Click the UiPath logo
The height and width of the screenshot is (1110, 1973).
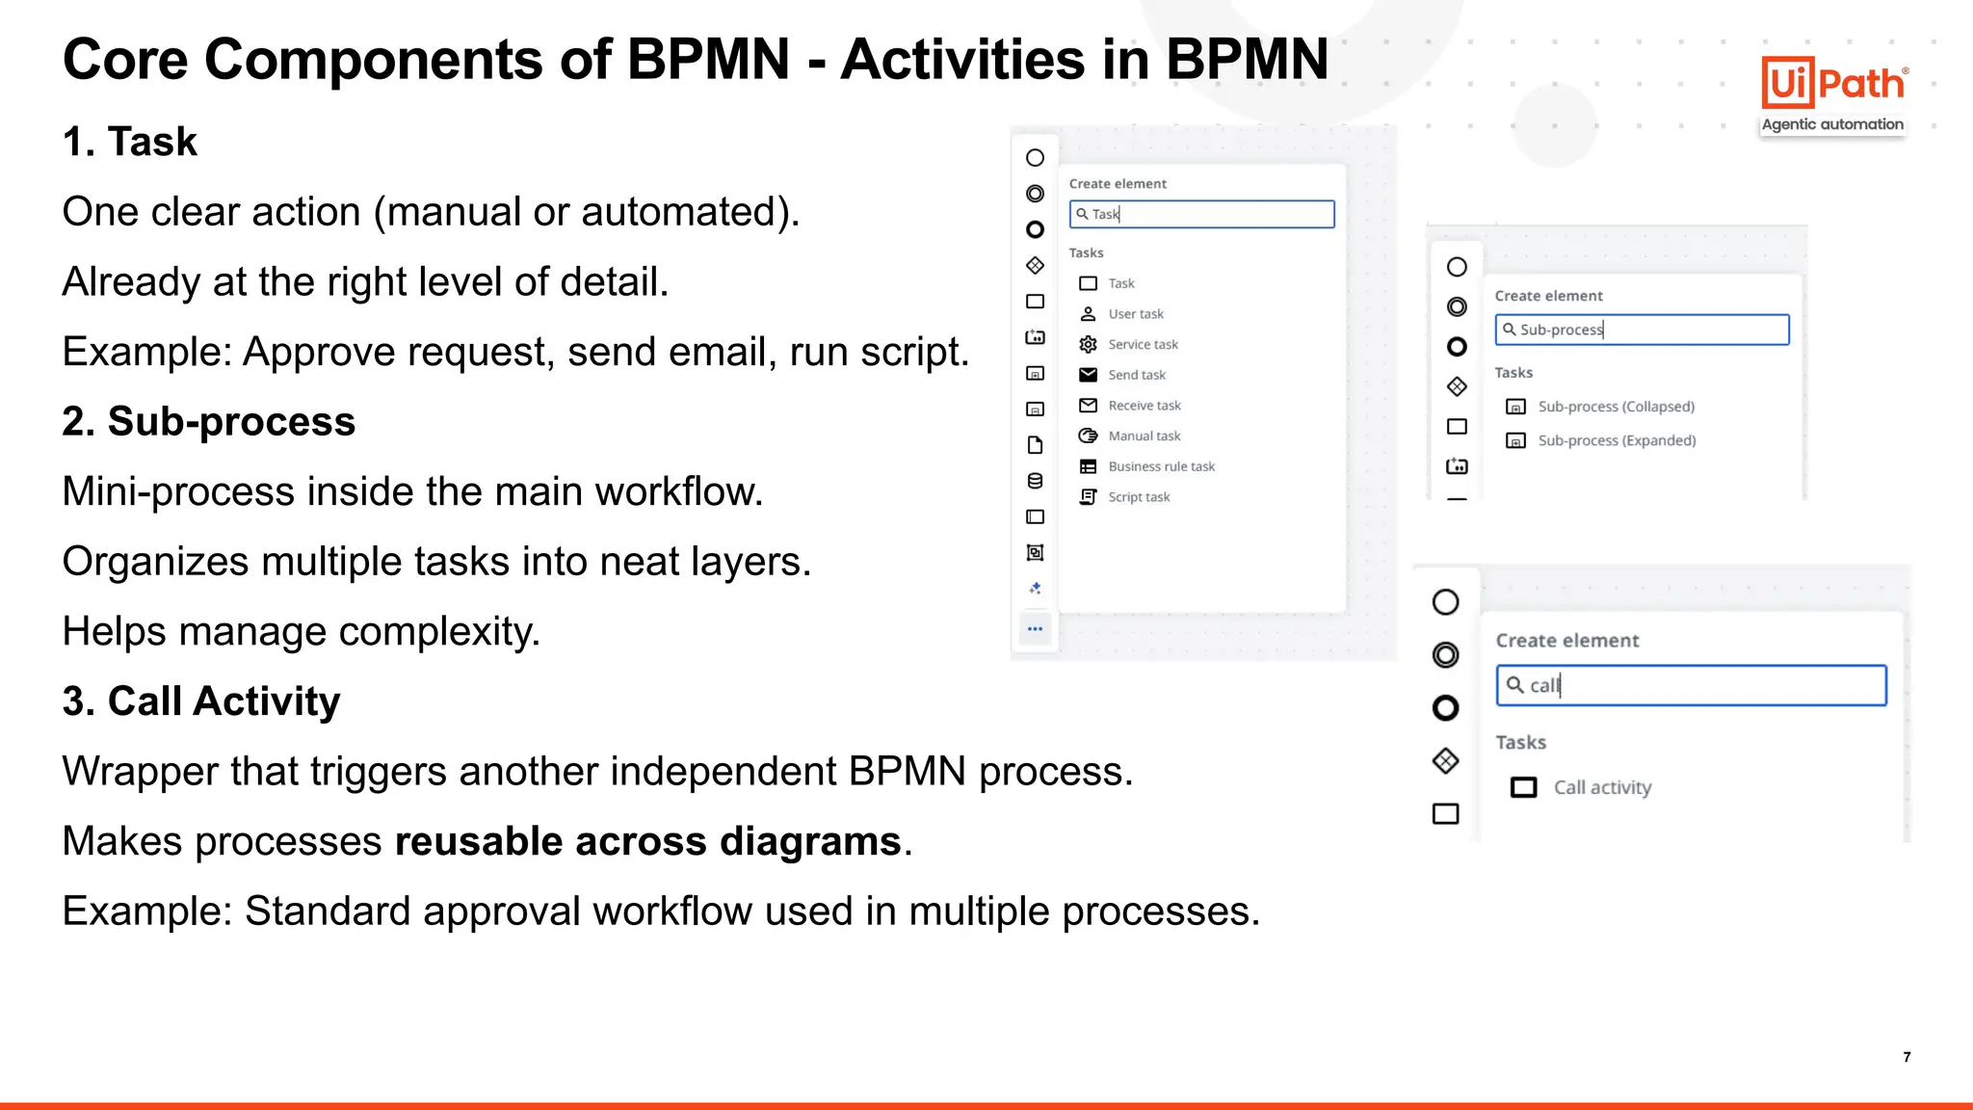pyautogui.click(x=1833, y=84)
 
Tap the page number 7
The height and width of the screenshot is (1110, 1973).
pyautogui.click(x=1907, y=1057)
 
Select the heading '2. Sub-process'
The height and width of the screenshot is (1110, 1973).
pyautogui.click(x=209, y=422)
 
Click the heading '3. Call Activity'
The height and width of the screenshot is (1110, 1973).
pyautogui.click(x=201, y=701)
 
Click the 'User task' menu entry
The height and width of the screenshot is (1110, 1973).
pyautogui.click(x=1135, y=314)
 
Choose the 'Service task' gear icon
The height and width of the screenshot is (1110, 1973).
pyautogui.click(x=1089, y=344)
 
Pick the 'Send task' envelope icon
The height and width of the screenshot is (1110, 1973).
pyautogui.click(x=1089, y=375)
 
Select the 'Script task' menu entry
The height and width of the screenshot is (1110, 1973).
pyautogui.click(x=1138, y=497)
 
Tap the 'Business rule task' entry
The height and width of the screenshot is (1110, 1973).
pyautogui.click(x=1161, y=466)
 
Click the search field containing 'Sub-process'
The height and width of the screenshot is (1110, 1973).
pyautogui.click(x=1642, y=330)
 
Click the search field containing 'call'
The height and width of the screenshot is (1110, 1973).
pyautogui.click(x=1691, y=685)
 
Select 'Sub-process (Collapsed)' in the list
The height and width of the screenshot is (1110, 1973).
pyautogui.click(x=1616, y=407)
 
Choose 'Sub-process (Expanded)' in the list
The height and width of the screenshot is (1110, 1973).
pyautogui.click(x=1617, y=440)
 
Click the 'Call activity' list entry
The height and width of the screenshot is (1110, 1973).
pyautogui.click(x=1601, y=787)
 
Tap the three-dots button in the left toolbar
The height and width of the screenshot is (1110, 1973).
pyautogui.click(x=1036, y=629)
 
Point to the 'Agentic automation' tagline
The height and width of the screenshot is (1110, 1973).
pyautogui.click(x=1832, y=124)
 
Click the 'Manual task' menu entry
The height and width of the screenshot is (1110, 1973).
pyautogui.click(x=1144, y=436)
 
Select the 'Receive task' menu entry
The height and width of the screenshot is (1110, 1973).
pyautogui.click(x=1144, y=406)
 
